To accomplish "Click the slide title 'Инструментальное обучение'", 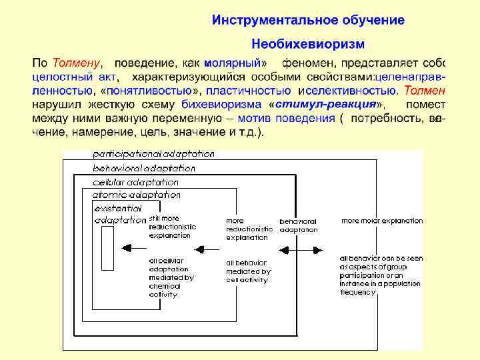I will (x=308, y=20).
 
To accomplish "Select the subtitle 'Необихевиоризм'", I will (x=308, y=45).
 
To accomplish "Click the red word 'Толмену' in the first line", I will (x=76, y=64).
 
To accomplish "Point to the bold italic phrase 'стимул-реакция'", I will (x=325, y=105).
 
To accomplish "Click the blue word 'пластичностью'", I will (x=249, y=91).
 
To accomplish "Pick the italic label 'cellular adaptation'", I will (x=135, y=181).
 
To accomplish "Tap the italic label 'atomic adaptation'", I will (x=136, y=195).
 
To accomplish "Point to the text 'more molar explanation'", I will (x=382, y=221).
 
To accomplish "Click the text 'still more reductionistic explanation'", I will (x=172, y=227).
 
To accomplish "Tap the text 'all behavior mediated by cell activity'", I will (x=248, y=271).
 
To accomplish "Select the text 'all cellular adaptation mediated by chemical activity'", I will (x=171, y=277).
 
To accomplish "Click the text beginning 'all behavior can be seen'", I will (x=381, y=275).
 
